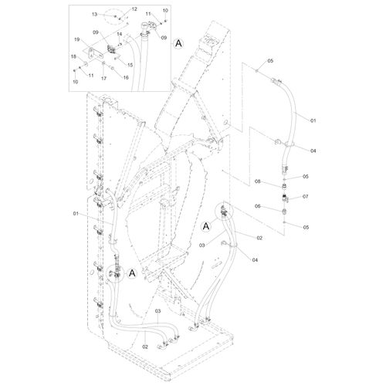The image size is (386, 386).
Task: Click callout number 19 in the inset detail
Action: pos(77,39)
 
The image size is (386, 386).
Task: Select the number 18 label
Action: pos(74,56)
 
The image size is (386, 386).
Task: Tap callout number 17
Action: pos(103,78)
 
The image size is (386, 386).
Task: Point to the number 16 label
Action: pos(126,77)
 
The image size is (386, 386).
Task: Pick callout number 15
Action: pos(130,65)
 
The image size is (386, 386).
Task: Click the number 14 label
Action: pos(120,34)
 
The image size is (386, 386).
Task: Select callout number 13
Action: pos(95,14)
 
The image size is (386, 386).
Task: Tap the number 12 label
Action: pos(134,9)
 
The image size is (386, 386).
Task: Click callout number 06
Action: pos(258,206)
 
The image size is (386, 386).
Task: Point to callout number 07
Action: pos(305,196)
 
